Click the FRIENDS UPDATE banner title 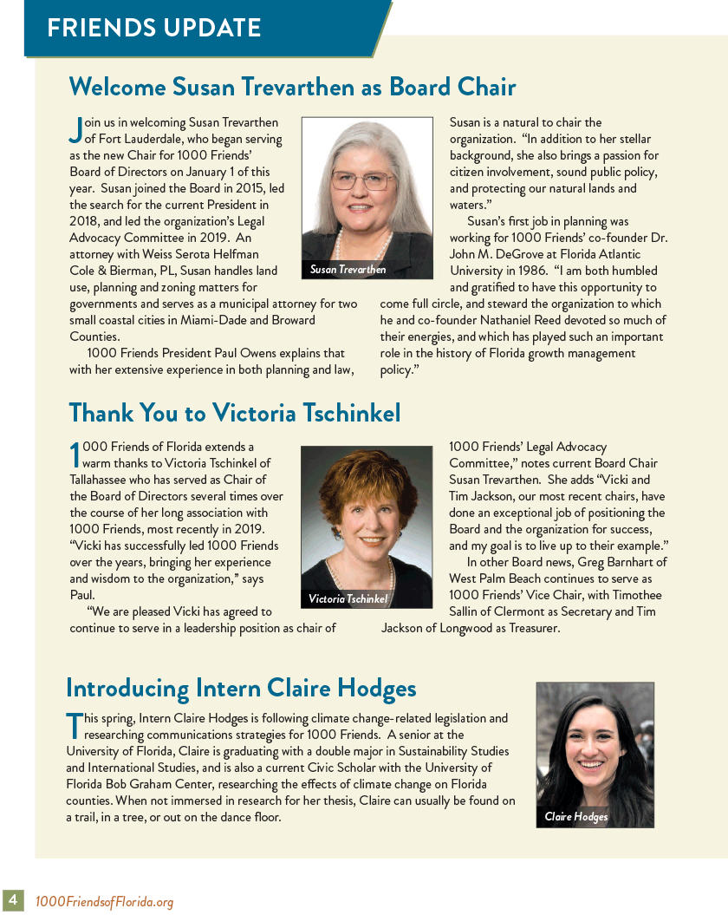pyautogui.click(x=153, y=28)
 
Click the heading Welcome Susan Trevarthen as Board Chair pyautogui.click(x=292, y=87)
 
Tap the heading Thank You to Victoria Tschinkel pyautogui.click(x=234, y=413)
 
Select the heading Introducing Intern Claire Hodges pyautogui.click(x=241, y=689)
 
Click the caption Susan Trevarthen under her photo pyautogui.click(x=348, y=270)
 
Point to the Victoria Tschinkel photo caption pyautogui.click(x=348, y=599)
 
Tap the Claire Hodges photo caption pyautogui.click(x=576, y=817)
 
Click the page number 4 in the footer pyautogui.click(x=14, y=900)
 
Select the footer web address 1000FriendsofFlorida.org pyautogui.click(x=104, y=902)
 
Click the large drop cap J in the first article pyautogui.click(x=75, y=129)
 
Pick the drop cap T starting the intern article pyautogui.click(x=74, y=725)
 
